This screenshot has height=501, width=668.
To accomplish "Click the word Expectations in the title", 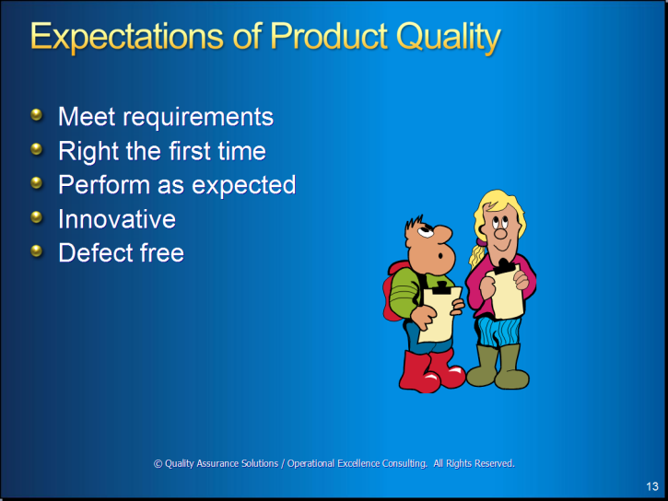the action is (x=126, y=37).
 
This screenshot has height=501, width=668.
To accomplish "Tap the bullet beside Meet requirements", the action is (x=37, y=114).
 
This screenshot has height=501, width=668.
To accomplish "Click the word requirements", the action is (x=198, y=117).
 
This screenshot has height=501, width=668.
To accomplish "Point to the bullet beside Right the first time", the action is (x=37, y=149).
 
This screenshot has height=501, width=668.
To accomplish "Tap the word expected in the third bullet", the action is (x=243, y=186).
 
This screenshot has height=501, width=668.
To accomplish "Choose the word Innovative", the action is (x=117, y=219).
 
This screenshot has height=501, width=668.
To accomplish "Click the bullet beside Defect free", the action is (x=37, y=251).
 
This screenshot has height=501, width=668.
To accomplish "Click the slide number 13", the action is (x=652, y=486).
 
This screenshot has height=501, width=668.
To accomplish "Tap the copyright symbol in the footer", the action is (x=158, y=463).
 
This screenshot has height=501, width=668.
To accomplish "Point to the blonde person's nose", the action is (x=500, y=233).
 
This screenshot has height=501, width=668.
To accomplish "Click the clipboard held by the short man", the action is (x=439, y=313).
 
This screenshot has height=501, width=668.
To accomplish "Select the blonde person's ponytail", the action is (x=477, y=254).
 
